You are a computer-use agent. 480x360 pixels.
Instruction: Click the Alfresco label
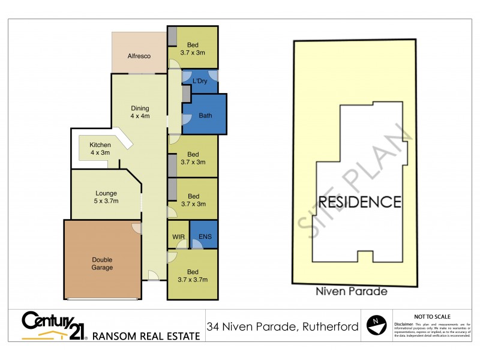click(x=138, y=56)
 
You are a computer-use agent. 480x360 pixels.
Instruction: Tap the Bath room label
click(x=205, y=116)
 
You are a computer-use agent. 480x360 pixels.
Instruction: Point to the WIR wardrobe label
click(x=178, y=238)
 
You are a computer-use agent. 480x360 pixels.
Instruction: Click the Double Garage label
click(x=102, y=263)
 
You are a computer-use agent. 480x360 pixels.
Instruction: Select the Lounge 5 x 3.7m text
click(x=106, y=197)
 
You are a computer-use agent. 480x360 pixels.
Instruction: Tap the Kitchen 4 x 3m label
click(x=100, y=148)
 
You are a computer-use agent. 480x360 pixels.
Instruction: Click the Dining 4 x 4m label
click(x=140, y=112)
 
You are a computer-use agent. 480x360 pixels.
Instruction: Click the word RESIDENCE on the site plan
click(x=359, y=202)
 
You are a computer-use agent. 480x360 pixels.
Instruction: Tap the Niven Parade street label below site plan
click(x=352, y=292)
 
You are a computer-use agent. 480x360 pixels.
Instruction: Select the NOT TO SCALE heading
click(x=432, y=316)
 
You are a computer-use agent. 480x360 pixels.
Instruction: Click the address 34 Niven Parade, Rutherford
click(x=282, y=327)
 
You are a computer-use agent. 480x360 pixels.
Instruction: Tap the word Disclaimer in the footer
click(x=404, y=323)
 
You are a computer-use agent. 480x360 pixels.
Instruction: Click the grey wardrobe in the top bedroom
click(x=172, y=37)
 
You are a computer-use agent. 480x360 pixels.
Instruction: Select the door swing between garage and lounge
click(x=136, y=227)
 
